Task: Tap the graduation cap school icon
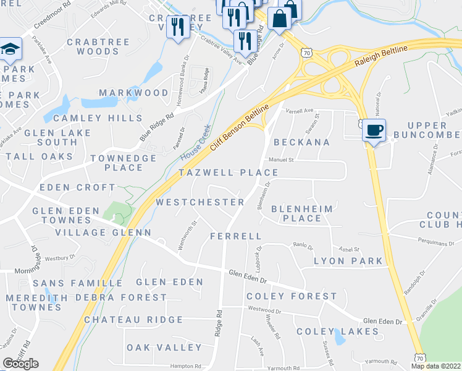pyautogui.click(x=10, y=50)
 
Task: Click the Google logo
pyautogui.click(x=21, y=363)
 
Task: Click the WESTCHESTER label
pyautogui.click(x=200, y=202)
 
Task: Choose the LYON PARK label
pyautogui.click(x=348, y=261)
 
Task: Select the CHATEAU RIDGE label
pyautogui.click(x=133, y=320)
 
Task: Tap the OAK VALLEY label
pyautogui.click(x=156, y=348)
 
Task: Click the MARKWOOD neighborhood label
pyautogui.click(x=133, y=93)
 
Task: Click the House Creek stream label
pyautogui.click(x=196, y=140)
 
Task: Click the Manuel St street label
pyautogui.click(x=281, y=160)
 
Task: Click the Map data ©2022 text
pyautogui.click(x=436, y=366)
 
